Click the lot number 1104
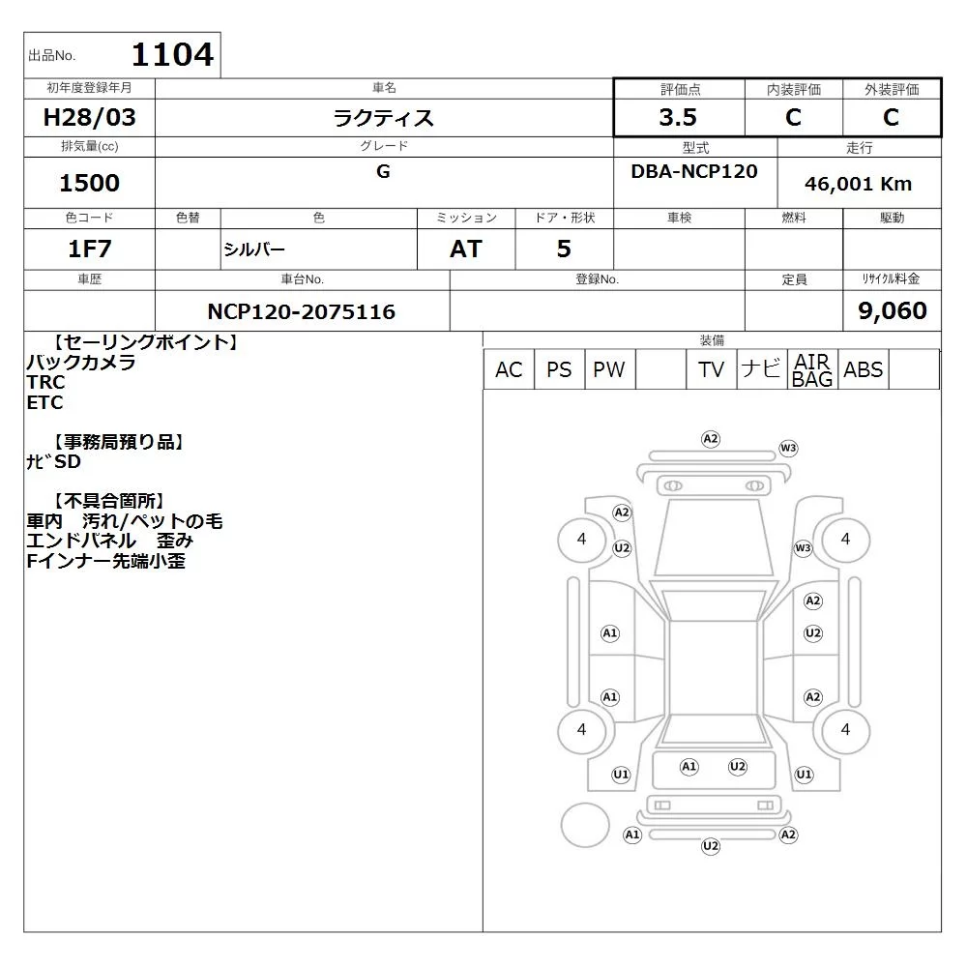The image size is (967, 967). click(x=173, y=54)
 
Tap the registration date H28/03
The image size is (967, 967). click(x=89, y=117)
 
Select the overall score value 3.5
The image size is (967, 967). click(x=678, y=117)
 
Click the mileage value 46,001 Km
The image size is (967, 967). click(x=858, y=184)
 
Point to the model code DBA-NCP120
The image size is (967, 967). click(x=694, y=171)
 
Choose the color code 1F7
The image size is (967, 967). click(x=89, y=249)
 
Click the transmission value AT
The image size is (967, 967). click(x=466, y=249)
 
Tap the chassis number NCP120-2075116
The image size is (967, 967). click(x=301, y=311)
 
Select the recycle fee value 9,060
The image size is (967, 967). click(x=893, y=310)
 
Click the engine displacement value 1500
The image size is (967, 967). click(x=89, y=183)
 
